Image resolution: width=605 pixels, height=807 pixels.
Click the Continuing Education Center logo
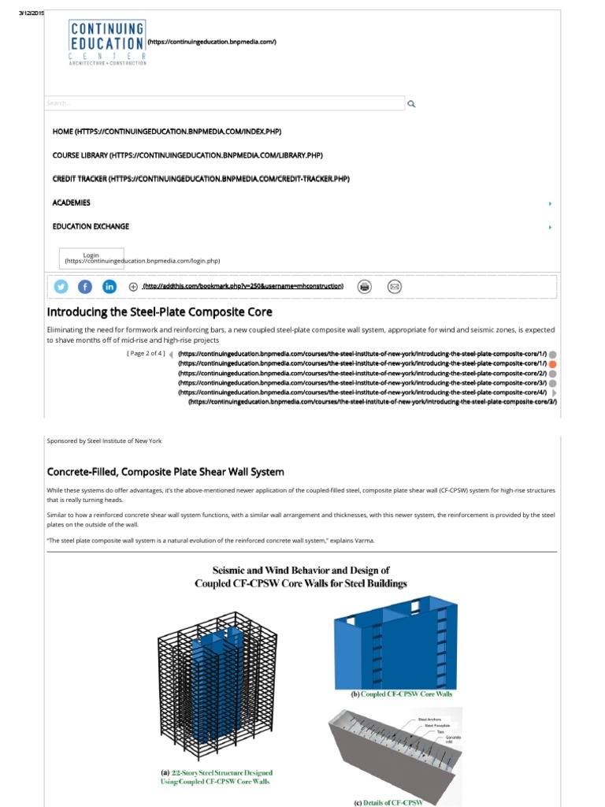click(107, 43)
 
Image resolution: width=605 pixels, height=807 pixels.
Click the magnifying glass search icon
click(410, 103)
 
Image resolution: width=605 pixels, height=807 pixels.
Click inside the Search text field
click(225, 103)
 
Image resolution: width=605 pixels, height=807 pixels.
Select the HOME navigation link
click(166, 132)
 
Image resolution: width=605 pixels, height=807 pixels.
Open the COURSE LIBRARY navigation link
click(187, 155)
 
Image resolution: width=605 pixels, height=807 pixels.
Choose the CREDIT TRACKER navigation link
click(200, 179)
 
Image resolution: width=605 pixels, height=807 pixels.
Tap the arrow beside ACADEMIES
click(550, 203)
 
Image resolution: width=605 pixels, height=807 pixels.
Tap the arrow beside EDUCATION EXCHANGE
click(550, 227)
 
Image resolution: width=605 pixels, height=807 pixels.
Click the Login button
click(91, 256)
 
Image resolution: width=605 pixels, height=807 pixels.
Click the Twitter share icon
click(61, 287)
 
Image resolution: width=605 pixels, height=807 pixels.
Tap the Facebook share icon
click(85, 287)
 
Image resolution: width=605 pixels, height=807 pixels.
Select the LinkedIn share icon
click(109, 287)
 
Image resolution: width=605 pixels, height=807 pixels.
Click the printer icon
click(364, 287)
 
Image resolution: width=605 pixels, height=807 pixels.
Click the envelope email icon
click(395, 287)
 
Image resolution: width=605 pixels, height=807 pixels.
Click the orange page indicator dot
click(553, 364)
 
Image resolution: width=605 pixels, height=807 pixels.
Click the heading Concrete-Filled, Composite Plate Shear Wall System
click(165, 472)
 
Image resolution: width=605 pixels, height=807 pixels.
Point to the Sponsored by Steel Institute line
click(104, 441)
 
